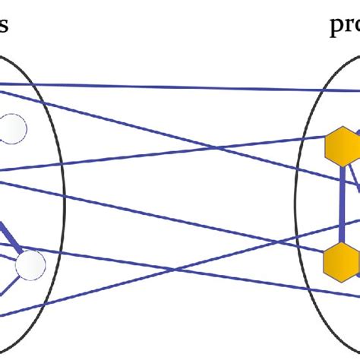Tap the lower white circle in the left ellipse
point(30,264)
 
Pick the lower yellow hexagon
point(341,261)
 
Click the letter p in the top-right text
point(336,29)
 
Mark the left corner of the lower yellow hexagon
point(324,261)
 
